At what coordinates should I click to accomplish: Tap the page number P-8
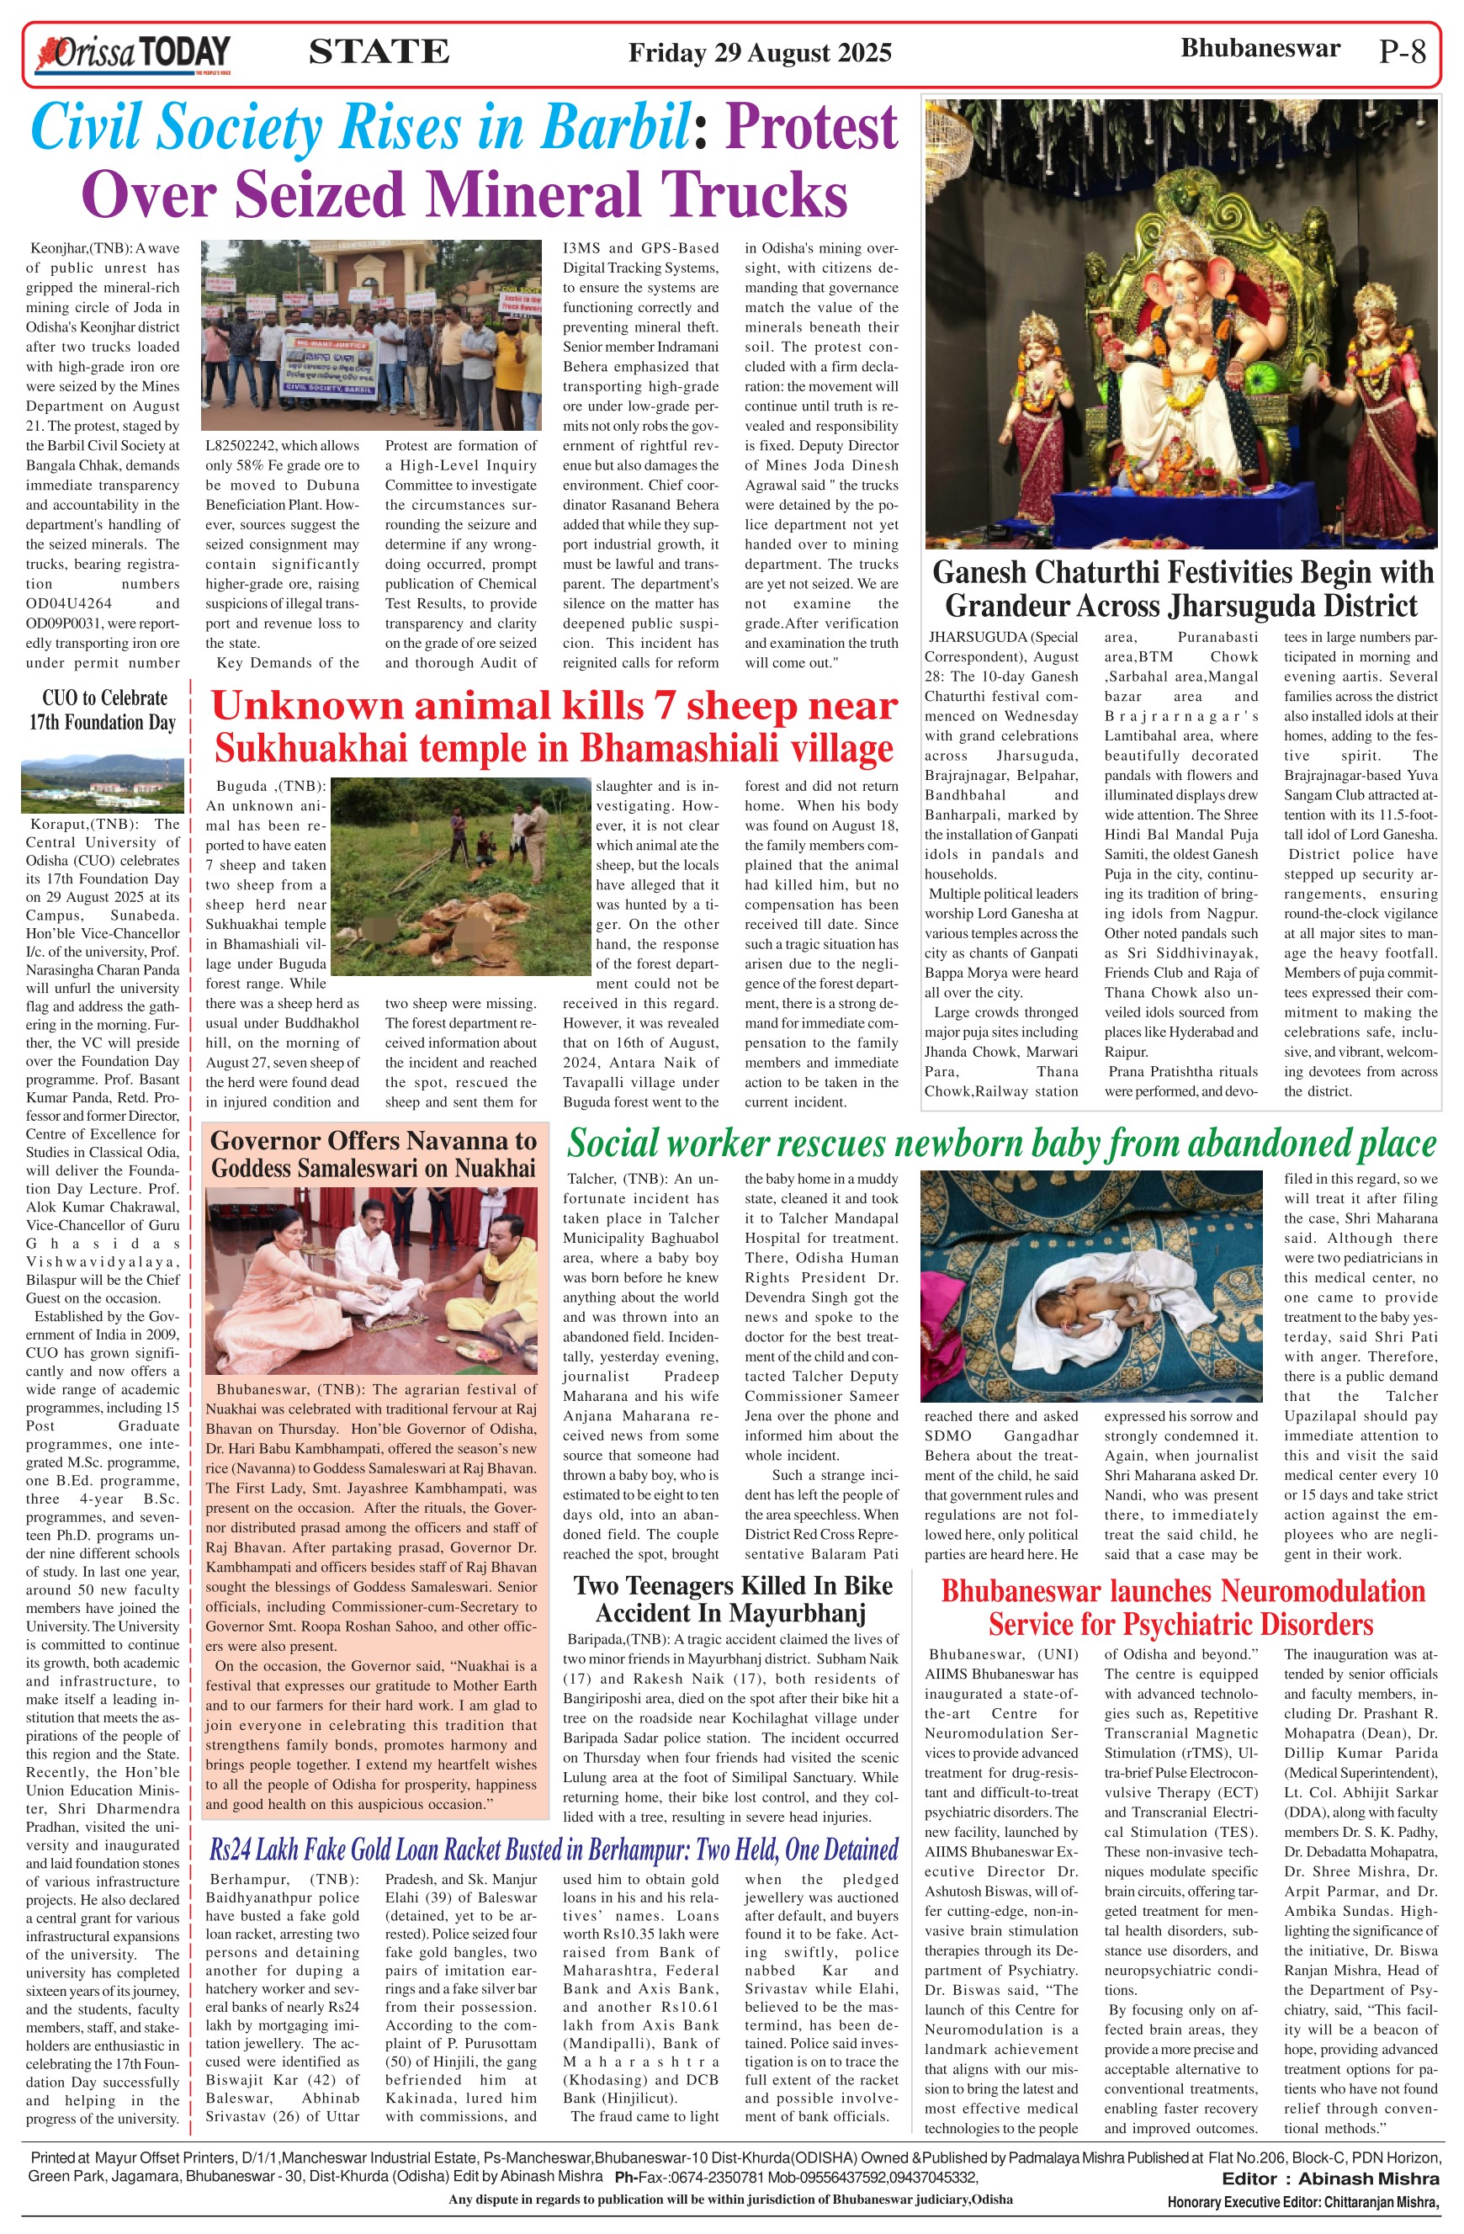click(1402, 51)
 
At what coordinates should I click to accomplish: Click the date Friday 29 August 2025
click(759, 52)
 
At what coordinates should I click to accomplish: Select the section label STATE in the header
click(379, 51)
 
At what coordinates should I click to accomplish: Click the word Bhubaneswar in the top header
click(1260, 49)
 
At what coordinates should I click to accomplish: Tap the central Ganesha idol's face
click(1181, 292)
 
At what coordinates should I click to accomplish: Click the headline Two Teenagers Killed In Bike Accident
click(732, 1599)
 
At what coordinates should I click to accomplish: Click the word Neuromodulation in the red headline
click(1314, 1590)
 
